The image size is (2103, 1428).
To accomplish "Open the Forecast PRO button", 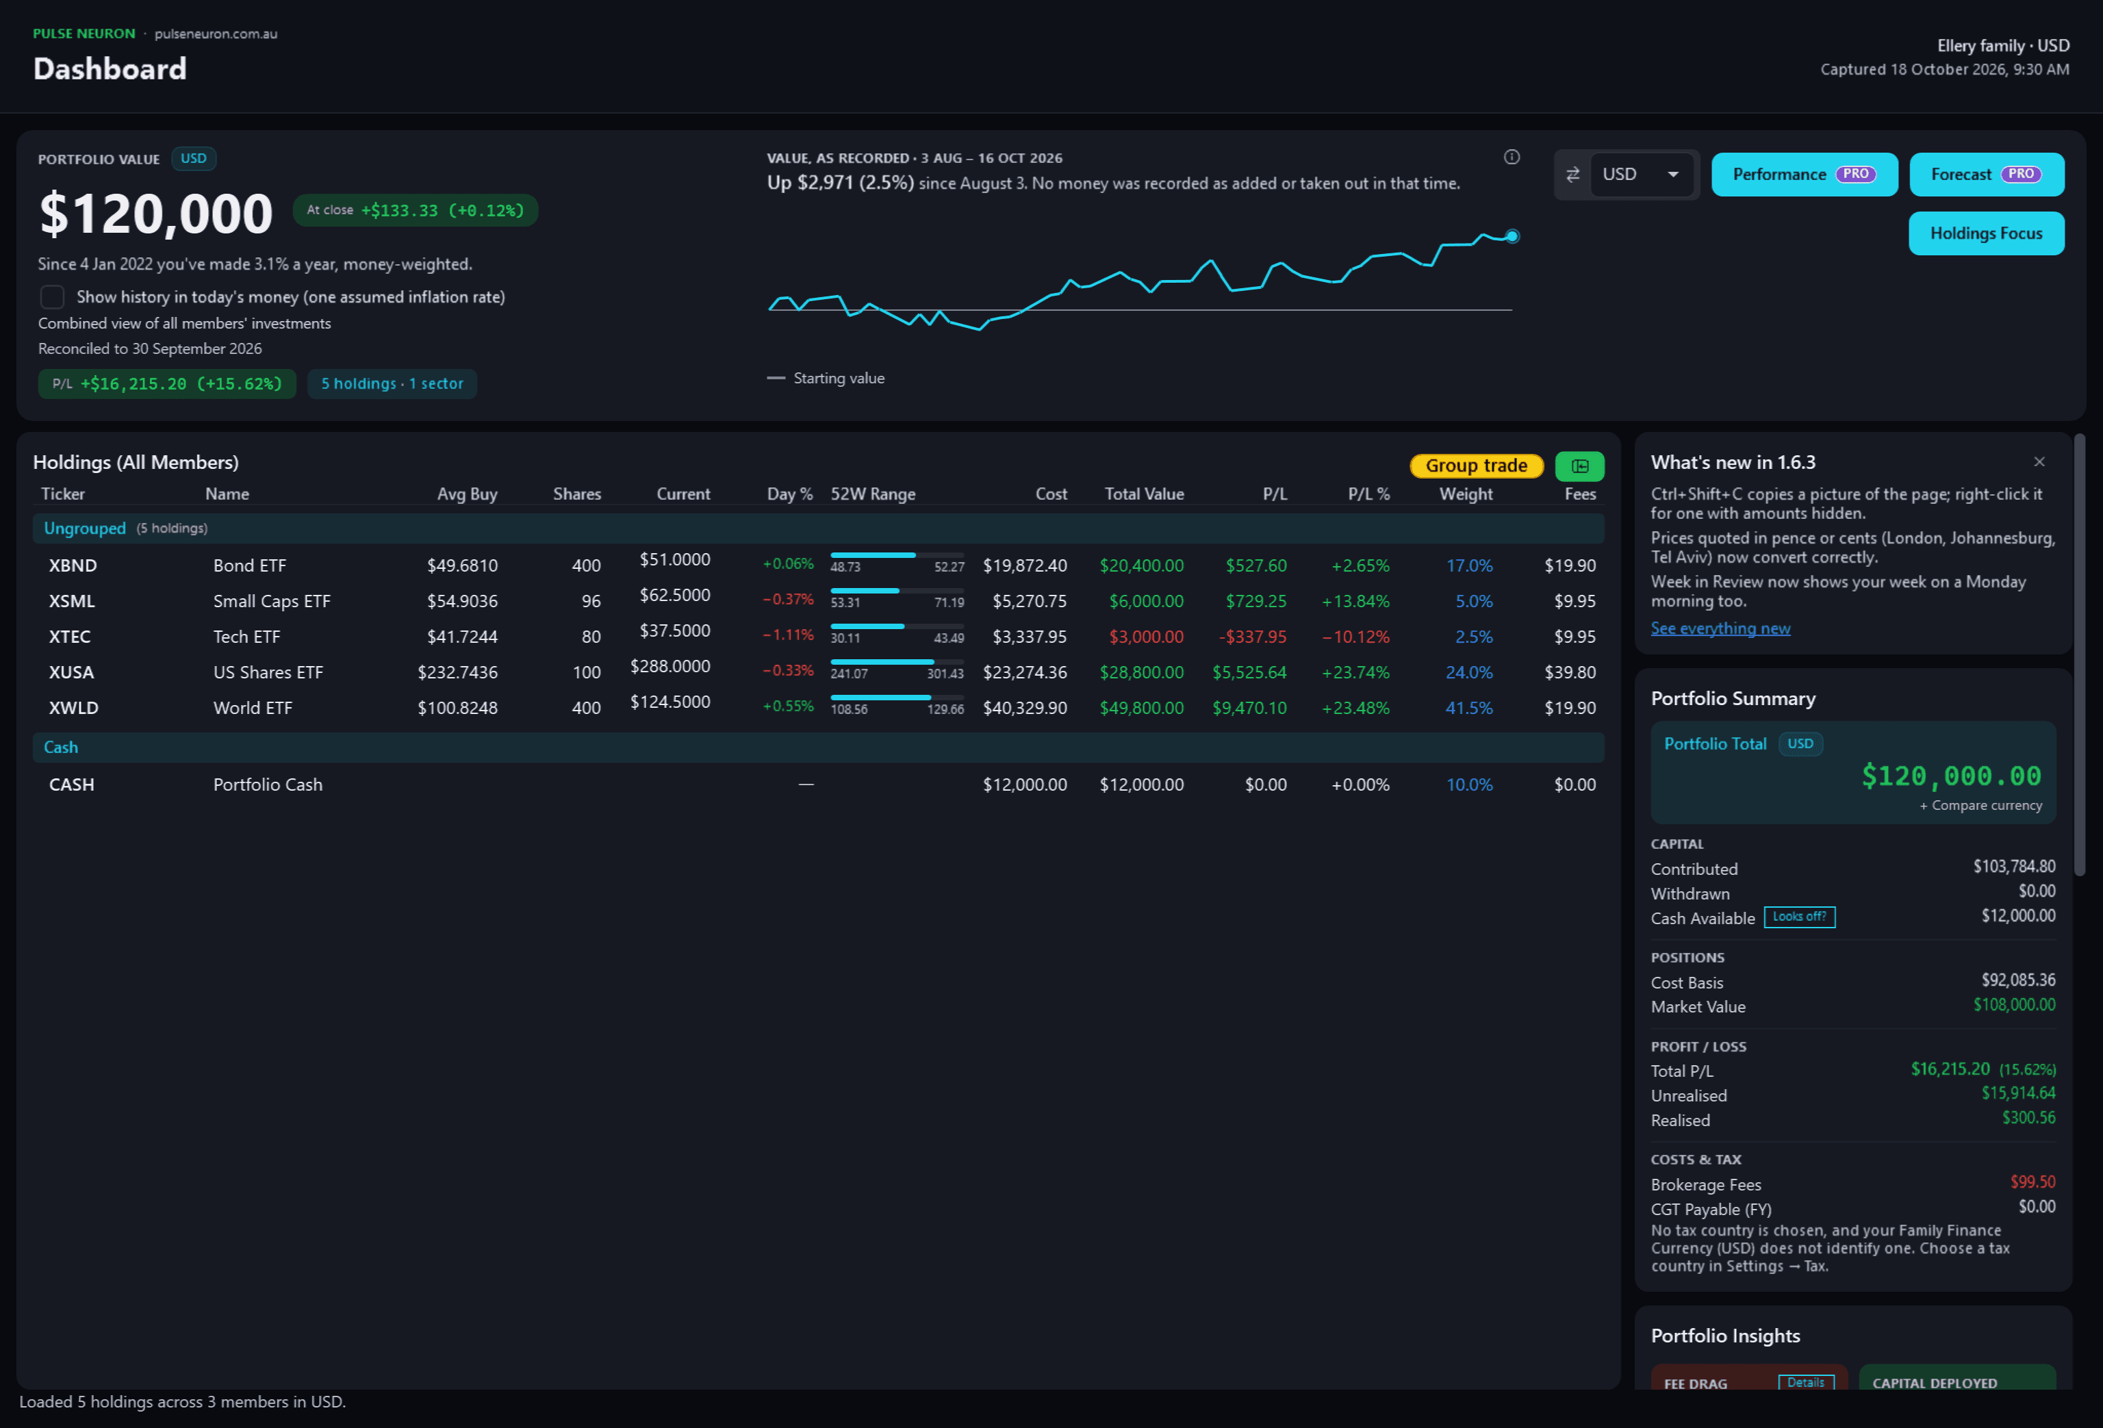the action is tap(1986, 175).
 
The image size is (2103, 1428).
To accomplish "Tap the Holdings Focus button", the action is tap(1986, 233).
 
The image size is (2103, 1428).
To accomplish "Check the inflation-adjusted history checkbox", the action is tap(53, 297).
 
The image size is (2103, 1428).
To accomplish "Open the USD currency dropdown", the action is tap(1640, 175).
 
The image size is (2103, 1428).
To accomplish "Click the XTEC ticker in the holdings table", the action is tap(70, 637).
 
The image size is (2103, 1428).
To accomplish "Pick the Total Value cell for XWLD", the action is tap(1141, 708).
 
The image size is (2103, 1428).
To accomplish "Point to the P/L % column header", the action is tap(1368, 494).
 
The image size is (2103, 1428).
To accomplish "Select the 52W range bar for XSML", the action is tap(897, 591).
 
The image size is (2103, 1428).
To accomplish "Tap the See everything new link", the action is tap(1720, 628).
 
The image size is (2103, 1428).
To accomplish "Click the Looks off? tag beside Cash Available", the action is tap(1799, 917).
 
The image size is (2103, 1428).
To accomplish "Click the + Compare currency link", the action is tap(1981, 806).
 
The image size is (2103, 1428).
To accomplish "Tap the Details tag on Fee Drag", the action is tap(1805, 1382).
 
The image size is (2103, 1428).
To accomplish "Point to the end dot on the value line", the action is tap(1512, 236).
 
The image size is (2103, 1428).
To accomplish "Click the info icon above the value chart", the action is tap(1512, 157).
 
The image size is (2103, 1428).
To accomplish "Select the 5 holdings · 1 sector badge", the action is tap(392, 383).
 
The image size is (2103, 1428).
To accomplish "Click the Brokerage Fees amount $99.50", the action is tap(2032, 1182).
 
